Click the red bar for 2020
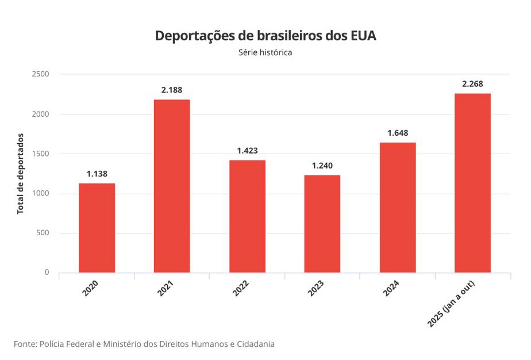(97, 228)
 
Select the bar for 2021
(172, 186)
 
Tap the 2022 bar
(247, 216)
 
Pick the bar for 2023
(322, 224)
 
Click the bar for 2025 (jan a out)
(472, 183)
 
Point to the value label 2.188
(172, 90)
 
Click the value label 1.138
(97, 174)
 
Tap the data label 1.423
(247, 151)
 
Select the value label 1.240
(322, 166)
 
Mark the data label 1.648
(398, 133)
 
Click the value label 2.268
(472, 84)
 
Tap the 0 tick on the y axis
(47, 273)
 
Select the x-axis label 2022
(241, 288)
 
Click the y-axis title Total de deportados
(21, 173)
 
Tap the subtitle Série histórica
(265, 53)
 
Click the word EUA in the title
(363, 36)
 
